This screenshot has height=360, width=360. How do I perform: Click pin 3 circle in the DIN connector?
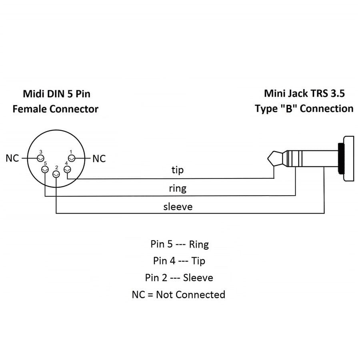click(40, 158)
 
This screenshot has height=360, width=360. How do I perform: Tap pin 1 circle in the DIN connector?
click(72, 158)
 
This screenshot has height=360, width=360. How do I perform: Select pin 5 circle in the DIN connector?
click(45, 170)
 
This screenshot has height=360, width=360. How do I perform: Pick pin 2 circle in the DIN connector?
click(56, 174)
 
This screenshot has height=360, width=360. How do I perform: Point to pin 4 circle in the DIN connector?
click(67, 170)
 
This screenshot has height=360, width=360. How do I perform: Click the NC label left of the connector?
click(12, 158)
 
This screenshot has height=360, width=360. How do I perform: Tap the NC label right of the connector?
click(99, 159)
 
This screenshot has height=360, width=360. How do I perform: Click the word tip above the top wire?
click(177, 170)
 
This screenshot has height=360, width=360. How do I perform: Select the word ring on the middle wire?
click(178, 188)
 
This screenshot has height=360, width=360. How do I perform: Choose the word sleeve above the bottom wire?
click(178, 206)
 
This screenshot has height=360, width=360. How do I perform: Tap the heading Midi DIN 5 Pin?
click(56, 94)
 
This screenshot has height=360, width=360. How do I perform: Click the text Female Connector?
click(55, 109)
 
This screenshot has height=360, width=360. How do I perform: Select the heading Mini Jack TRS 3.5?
click(304, 93)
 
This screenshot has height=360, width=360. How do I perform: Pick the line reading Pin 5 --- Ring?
click(180, 244)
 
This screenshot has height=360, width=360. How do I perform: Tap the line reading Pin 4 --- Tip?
click(179, 261)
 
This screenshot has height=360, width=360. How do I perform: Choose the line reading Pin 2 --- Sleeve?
click(179, 278)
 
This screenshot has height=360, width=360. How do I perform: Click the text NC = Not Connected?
click(178, 295)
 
